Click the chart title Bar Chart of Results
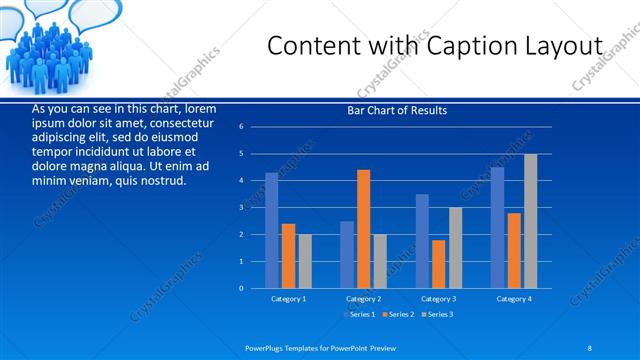pyautogui.click(x=397, y=110)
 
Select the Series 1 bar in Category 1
pyautogui.click(x=271, y=230)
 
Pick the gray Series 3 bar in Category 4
pyautogui.click(x=530, y=220)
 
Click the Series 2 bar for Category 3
pyautogui.click(x=439, y=263)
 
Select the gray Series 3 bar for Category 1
pyautogui.click(x=305, y=261)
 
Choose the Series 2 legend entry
pyautogui.click(x=397, y=315)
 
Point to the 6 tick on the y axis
pyautogui.click(x=242, y=127)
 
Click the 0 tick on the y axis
pyautogui.click(x=242, y=288)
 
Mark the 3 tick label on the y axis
pyautogui.click(x=242, y=207)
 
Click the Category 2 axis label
pyautogui.click(x=363, y=299)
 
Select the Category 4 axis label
pyautogui.click(x=514, y=299)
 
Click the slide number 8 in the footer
pyautogui.click(x=590, y=346)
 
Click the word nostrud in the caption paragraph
pyautogui.click(x=161, y=181)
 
